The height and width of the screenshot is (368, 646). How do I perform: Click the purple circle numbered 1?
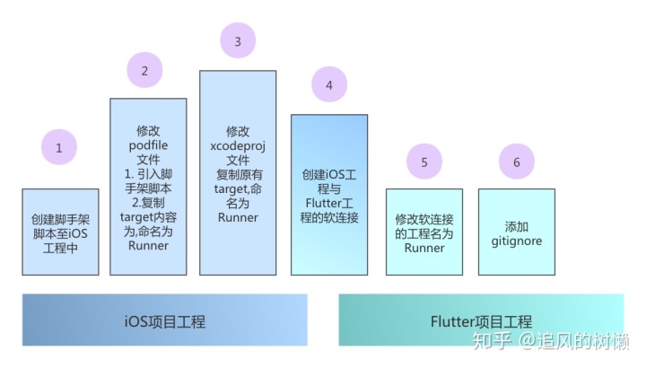click(x=59, y=147)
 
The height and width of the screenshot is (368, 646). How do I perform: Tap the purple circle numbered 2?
click(x=145, y=70)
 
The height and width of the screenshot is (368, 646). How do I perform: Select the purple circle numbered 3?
click(x=238, y=41)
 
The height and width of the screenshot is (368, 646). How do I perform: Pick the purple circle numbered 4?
click(x=329, y=85)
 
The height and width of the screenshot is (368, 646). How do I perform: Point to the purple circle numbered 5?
click(x=424, y=162)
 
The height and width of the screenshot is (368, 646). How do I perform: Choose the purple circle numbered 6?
click(x=517, y=162)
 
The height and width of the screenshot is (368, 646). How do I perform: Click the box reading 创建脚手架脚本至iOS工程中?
click(x=60, y=232)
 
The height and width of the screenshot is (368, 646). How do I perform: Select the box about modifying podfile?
click(x=148, y=187)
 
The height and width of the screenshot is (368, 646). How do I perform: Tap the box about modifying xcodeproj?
click(x=238, y=173)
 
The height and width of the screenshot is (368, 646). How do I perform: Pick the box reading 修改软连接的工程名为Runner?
click(x=424, y=232)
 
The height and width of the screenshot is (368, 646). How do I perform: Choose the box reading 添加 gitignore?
click(x=517, y=232)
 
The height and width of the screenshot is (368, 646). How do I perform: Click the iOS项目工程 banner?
click(x=164, y=320)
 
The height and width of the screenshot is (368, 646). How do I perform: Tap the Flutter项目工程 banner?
click(x=481, y=320)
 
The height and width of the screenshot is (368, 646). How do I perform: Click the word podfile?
click(x=148, y=145)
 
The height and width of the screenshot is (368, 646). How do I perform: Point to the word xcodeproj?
click(x=238, y=145)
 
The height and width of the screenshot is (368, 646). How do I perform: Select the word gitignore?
click(x=517, y=241)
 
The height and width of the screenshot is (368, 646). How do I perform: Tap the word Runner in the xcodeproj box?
click(x=238, y=216)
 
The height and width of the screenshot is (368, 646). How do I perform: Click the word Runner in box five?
click(x=424, y=248)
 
